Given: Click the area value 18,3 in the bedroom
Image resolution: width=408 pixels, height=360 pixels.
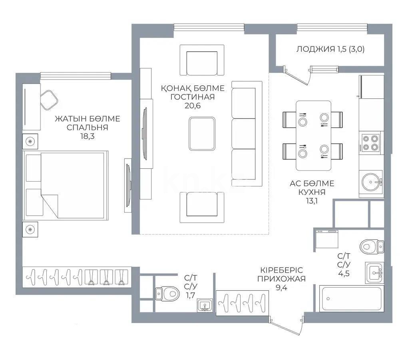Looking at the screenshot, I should click(87, 136).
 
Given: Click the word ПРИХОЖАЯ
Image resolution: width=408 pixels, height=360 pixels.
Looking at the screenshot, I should click(281, 279).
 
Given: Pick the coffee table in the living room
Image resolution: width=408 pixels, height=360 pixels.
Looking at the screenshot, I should click(202, 134).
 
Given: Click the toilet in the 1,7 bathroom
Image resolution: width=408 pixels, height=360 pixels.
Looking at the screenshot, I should click(167, 294).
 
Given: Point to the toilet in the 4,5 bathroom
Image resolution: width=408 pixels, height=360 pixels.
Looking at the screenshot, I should click(371, 246).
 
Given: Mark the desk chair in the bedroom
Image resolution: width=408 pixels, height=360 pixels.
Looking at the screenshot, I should click(49, 100).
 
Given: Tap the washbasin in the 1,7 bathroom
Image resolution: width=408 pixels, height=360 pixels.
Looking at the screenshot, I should click(205, 306).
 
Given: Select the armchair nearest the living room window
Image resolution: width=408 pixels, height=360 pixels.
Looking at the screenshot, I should click(201, 60).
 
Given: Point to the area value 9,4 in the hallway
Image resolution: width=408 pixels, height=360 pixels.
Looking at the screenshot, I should click(281, 287).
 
